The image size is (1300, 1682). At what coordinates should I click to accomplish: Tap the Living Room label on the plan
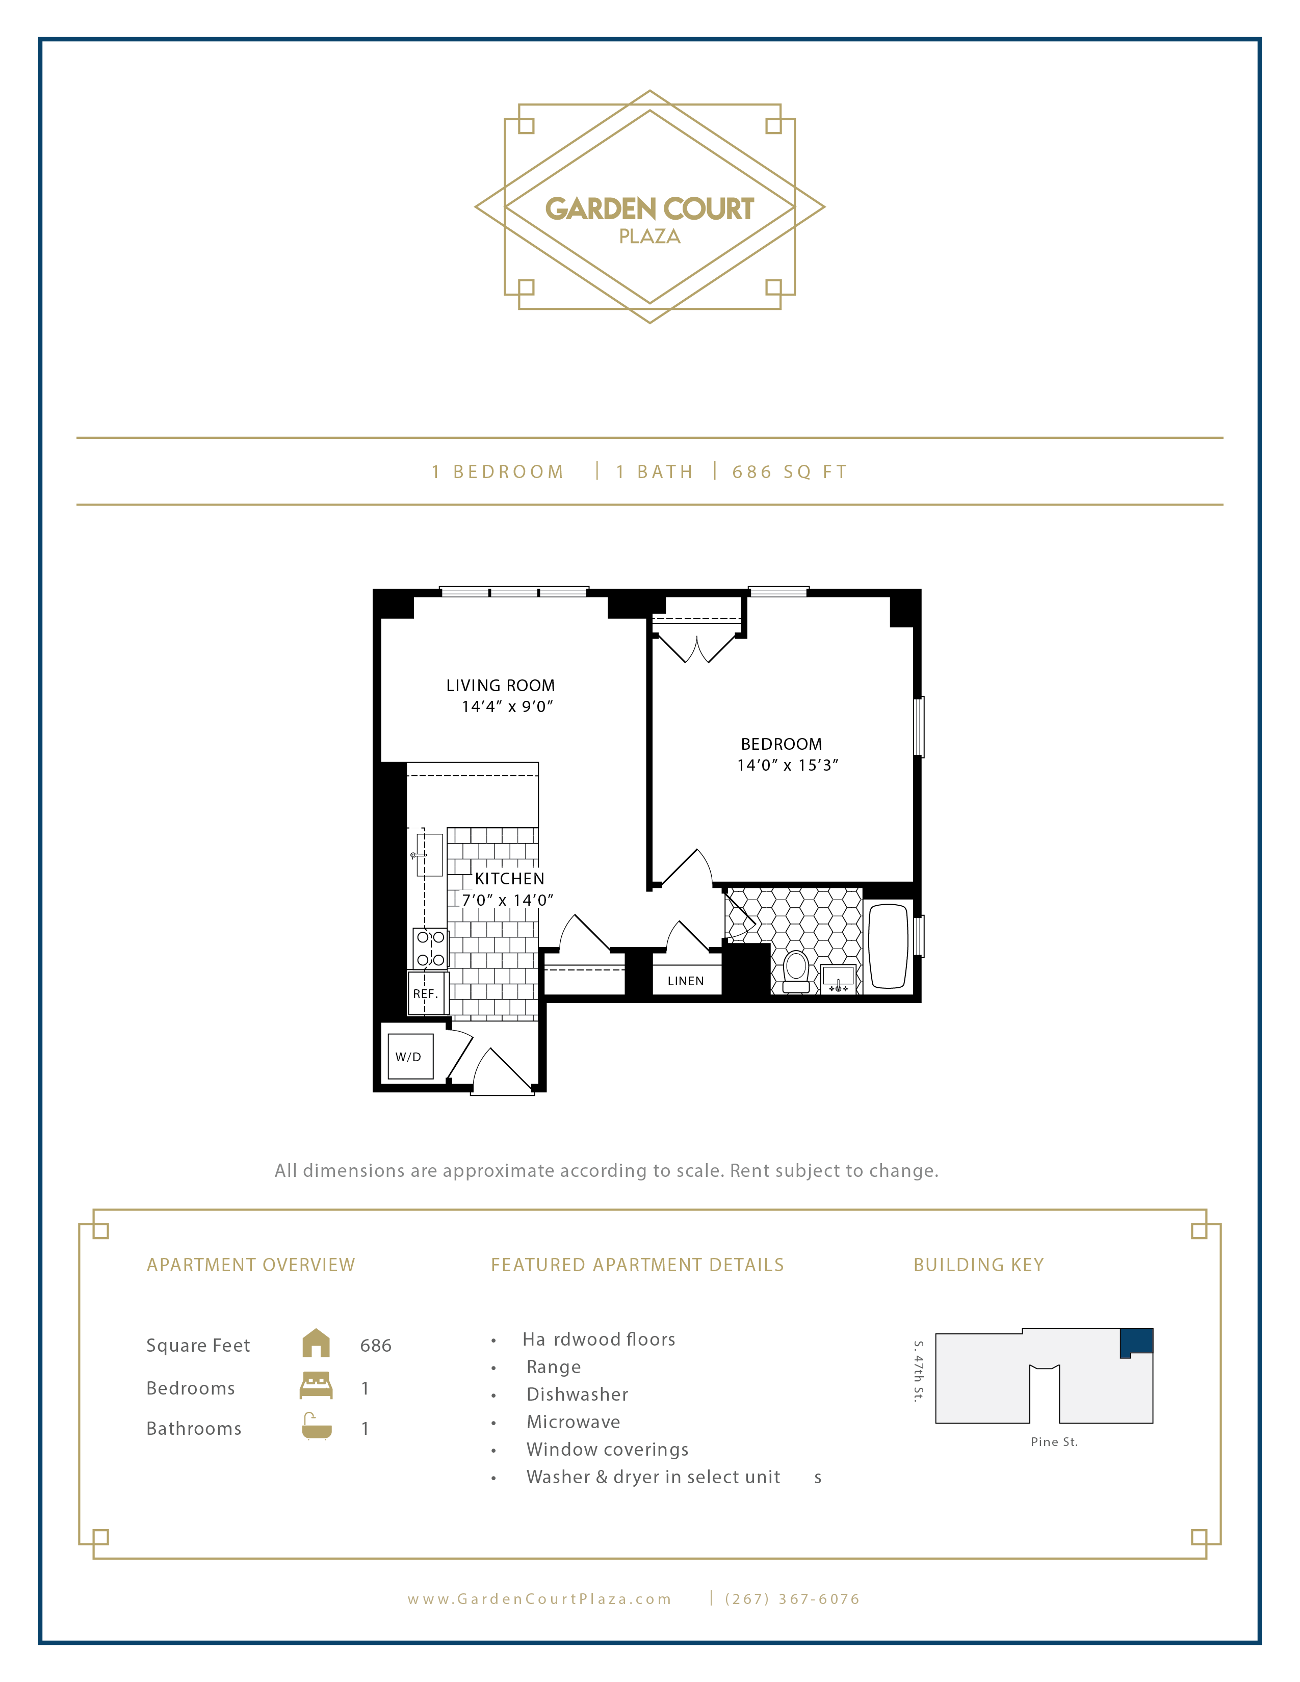coord(501,686)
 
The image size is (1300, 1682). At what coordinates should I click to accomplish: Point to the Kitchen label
coord(509,879)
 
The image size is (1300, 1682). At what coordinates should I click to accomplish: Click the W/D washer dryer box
coord(410,1057)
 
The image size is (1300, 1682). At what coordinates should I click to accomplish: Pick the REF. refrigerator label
coord(425,994)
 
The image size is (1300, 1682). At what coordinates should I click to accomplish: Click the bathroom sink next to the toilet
coord(838,979)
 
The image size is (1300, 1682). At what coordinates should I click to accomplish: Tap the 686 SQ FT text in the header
coord(789,472)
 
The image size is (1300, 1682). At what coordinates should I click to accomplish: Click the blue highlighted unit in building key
coord(1137,1341)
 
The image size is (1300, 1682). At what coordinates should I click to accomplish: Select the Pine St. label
coord(1054,1442)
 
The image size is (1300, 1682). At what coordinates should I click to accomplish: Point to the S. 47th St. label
coord(918,1371)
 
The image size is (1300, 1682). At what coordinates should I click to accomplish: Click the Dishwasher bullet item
coord(577,1395)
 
